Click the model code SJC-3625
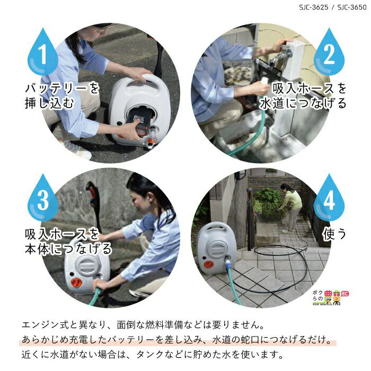(314, 7)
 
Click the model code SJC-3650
(352, 7)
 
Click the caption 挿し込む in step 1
(49, 103)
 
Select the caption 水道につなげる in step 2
(303, 103)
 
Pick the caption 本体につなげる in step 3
(68, 249)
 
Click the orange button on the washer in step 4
(208, 264)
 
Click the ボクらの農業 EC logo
(331, 297)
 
